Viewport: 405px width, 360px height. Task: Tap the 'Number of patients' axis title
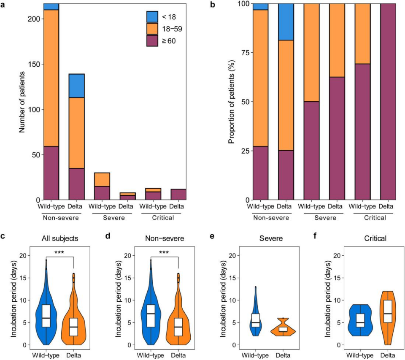[22, 101]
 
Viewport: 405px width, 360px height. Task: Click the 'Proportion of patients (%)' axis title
[231, 102]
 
